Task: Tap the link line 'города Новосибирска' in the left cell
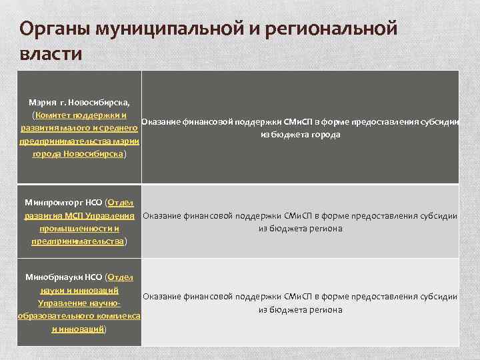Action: pyautogui.click(x=78, y=153)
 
